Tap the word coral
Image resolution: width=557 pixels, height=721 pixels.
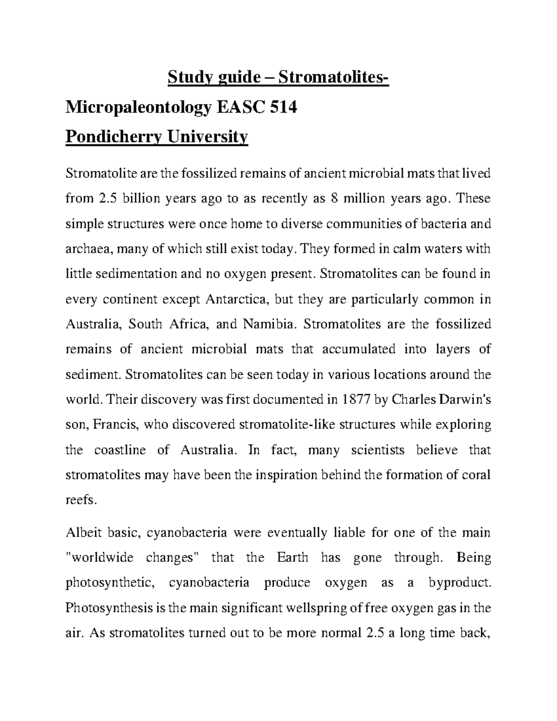pyautogui.click(x=475, y=475)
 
